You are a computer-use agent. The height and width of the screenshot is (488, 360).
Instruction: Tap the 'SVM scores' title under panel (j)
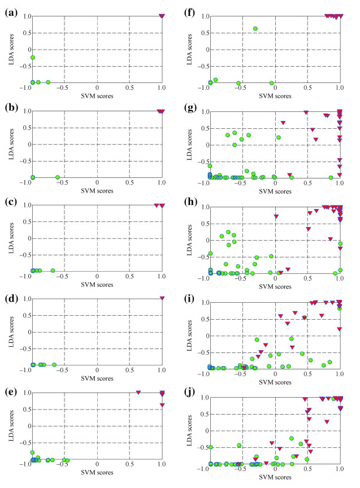pos(275,478)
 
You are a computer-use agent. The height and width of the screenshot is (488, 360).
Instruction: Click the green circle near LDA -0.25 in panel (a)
pos(33,58)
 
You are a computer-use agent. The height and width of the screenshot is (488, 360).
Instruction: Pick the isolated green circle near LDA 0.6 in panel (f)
pos(255,28)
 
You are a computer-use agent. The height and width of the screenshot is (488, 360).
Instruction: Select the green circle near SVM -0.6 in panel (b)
pos(58,177)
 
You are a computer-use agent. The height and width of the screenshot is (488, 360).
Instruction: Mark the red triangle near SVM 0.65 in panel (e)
pos(138,392)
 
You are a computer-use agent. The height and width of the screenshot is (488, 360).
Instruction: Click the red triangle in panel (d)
pos(162,298)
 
